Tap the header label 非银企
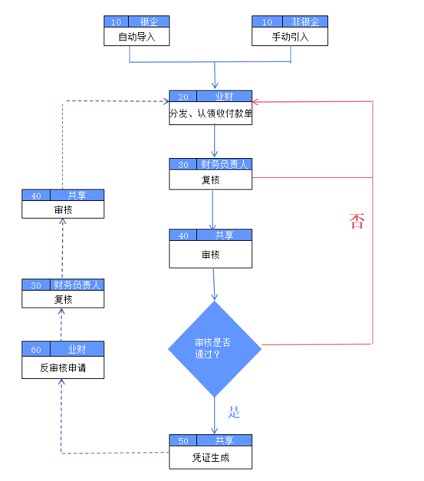click(305, 21)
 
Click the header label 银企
click(149, 21)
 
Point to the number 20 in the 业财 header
click(183, 97)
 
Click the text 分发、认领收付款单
click(211, 114)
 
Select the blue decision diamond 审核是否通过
click(215, 349)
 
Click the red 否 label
click(357, 221)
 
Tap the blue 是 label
click(234, 412)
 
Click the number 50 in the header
click(183, 441)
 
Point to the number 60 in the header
click(36, 350)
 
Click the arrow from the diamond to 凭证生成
click(215, 415)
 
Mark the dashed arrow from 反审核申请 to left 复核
click(61, 325)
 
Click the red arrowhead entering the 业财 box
click(255, 102)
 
